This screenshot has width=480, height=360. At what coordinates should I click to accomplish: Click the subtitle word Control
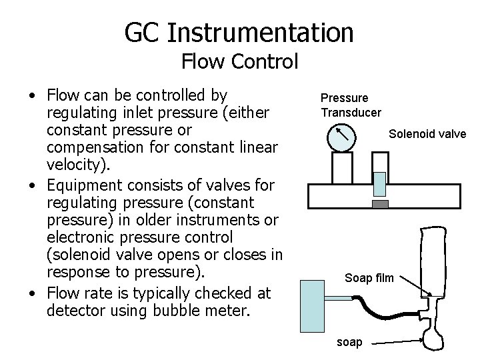click(267, 63)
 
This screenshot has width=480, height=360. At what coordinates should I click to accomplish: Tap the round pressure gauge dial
click(341, 138)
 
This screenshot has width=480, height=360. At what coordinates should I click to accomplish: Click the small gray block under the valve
click(379, 203)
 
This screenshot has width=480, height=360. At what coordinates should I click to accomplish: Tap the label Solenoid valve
click(427, 134)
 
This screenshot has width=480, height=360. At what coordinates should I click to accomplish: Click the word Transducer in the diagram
click(351, 112)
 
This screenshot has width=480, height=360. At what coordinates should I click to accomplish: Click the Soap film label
click(369, 277)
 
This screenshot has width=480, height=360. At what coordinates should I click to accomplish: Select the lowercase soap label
click(350, 342)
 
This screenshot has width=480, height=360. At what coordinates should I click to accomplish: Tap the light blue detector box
click(317, 307)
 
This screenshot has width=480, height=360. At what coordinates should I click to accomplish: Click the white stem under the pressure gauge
click(341, 167)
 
